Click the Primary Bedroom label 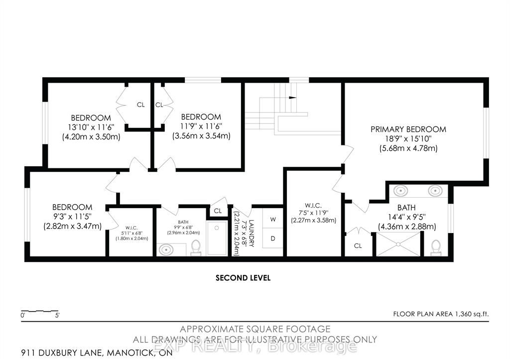408,129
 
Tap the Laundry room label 251,234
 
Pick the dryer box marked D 273,238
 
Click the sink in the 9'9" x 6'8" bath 166,250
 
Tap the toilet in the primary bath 436,247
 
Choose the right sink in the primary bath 435,190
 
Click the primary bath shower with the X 398,244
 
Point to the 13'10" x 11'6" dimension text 91,127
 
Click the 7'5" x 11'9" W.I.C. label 314,213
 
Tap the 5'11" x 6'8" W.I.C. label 131,233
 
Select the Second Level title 243,278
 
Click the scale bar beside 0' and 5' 40,311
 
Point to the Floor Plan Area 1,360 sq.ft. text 441,314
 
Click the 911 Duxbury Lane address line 97,353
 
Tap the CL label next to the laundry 218,211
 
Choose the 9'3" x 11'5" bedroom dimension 73,217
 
